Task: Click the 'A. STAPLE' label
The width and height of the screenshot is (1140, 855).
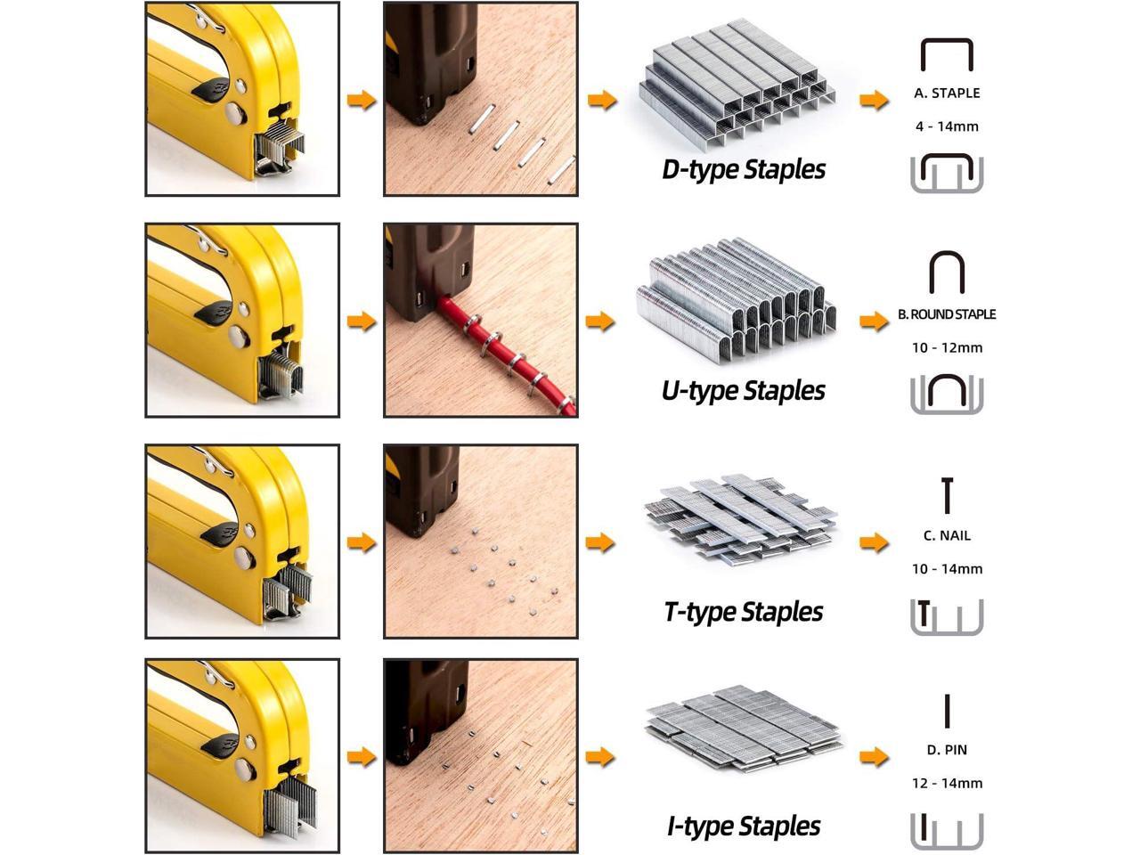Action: click(947, 94)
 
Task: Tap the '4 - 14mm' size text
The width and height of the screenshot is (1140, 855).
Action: click(947, 126)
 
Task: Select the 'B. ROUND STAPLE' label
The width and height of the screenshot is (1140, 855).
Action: click(947, 314)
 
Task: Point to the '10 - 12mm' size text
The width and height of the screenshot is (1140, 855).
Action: click(947, 348)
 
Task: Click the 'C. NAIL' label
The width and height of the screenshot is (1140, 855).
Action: click(947, 536)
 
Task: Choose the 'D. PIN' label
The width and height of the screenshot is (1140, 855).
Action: click(947, 750)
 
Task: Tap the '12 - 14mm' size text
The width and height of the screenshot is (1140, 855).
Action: click(947, 784)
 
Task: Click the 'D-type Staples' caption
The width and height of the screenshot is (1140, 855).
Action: click(743, 170)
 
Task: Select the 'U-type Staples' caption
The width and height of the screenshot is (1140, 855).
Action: click(743, 391)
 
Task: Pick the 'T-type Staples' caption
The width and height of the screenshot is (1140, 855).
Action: click(743, 613)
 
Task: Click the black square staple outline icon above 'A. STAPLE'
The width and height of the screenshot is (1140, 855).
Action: click(947, 40)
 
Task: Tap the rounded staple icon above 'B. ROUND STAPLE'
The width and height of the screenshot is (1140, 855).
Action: click(947, 255)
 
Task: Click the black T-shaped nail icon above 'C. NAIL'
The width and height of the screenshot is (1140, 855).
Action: click(947, 496)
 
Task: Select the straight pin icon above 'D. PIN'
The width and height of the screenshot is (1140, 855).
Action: click(947, 712)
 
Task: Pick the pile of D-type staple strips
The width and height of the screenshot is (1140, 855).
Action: click(737, 84)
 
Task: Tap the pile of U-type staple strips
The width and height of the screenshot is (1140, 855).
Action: click(737, 300)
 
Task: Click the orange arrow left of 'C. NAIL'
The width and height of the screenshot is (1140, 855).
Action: click(874, 543)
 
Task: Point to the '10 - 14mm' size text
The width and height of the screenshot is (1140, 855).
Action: click(947, 569)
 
